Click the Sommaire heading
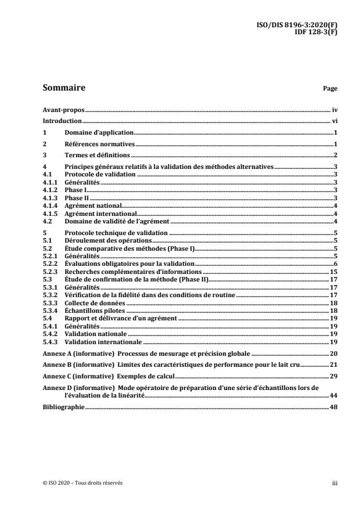coord(64,88)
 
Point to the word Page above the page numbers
coord(330,89)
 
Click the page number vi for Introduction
coord(334,121)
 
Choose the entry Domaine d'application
coord(99,133)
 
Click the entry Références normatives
coord(100,143)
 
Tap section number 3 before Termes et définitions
coord(45,155)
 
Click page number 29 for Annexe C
coord(334,376)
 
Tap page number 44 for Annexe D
coord(334,395)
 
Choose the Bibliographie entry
coord(64,407)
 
